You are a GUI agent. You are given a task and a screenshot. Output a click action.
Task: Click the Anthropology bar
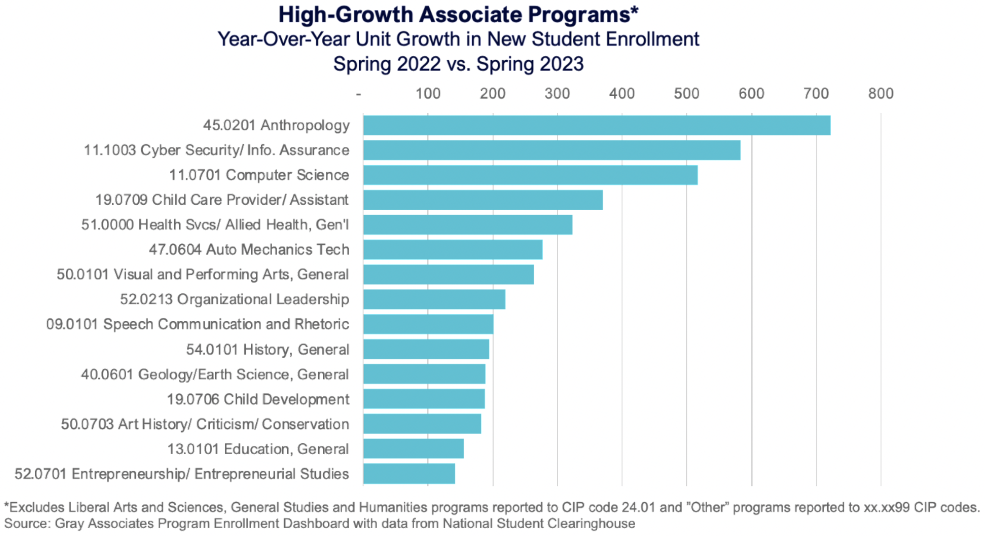(x=596, y=125)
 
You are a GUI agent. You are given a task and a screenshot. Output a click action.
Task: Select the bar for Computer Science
(x=530, y=175)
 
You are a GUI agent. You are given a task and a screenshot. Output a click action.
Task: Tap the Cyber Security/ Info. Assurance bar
(x=552, y=150)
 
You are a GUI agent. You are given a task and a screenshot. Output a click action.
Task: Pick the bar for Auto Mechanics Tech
(x=453, y=250)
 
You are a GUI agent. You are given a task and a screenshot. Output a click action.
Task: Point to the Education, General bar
(x=413, y=449)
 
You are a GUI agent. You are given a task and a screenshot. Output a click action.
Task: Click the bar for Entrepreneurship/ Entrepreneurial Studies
(x=409, y=474)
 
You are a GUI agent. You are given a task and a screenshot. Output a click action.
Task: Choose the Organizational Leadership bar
(x=434, y=299)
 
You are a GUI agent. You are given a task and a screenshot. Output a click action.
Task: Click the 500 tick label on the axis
(x=686, y=94)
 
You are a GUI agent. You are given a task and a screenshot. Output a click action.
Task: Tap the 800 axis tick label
(x=881, y=94)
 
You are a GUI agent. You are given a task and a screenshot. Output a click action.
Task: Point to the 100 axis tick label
(x=428, y=94)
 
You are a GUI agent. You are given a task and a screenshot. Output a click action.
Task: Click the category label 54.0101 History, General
(x=268, y=349)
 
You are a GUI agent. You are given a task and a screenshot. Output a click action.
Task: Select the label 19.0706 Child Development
(x=258, y=399)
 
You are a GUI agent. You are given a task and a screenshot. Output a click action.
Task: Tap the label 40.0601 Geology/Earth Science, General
(x=215, y=374)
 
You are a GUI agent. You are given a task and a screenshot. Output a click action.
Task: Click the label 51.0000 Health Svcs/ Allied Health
(x=215, y=225)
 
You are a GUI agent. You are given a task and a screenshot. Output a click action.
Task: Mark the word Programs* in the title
(x=583, y=15)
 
